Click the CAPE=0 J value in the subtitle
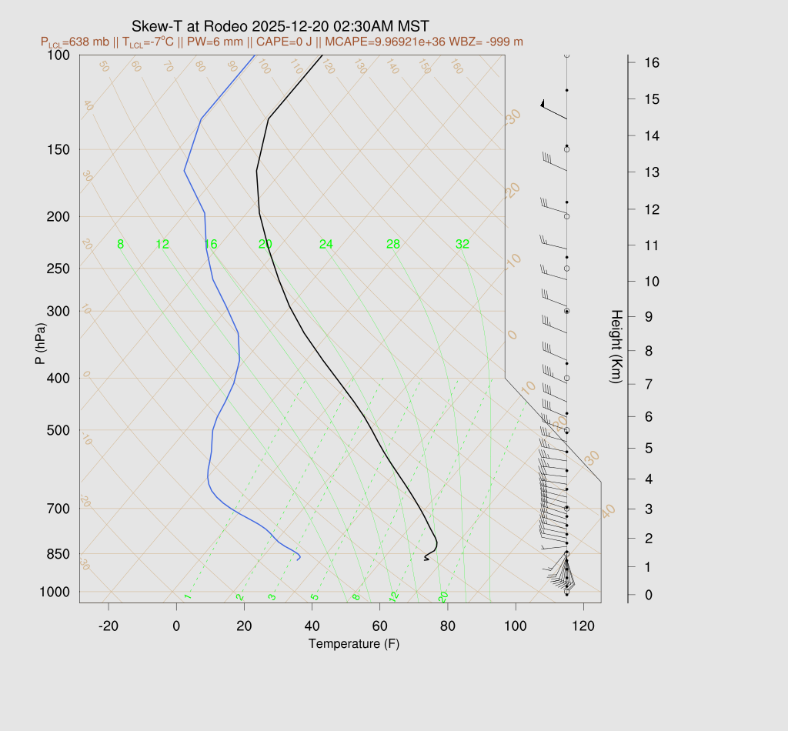[281, 42]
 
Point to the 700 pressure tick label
[58, 509]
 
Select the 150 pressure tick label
[58, 149]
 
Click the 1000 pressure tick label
[55, 592]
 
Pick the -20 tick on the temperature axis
[109, 626]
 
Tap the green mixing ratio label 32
[462, 245]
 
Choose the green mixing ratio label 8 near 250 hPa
[120, 245]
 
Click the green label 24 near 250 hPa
[326, 245]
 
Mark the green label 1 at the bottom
[187, 596]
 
